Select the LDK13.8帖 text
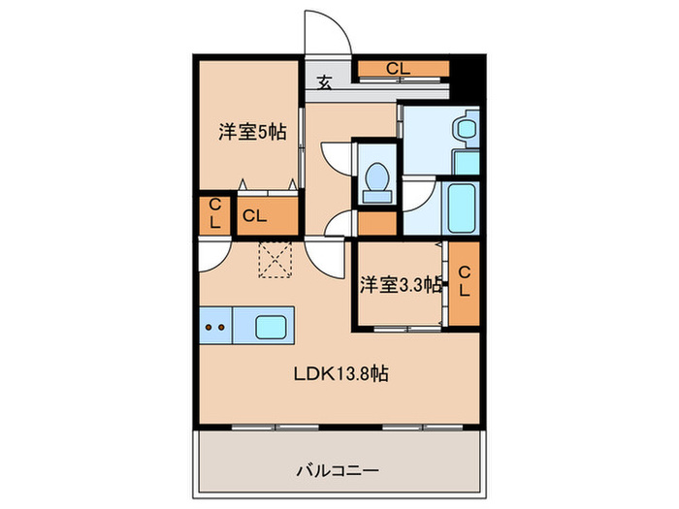342,374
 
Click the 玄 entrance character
325,81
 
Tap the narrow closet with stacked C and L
214,214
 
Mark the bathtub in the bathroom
459,207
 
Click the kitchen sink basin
274,327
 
